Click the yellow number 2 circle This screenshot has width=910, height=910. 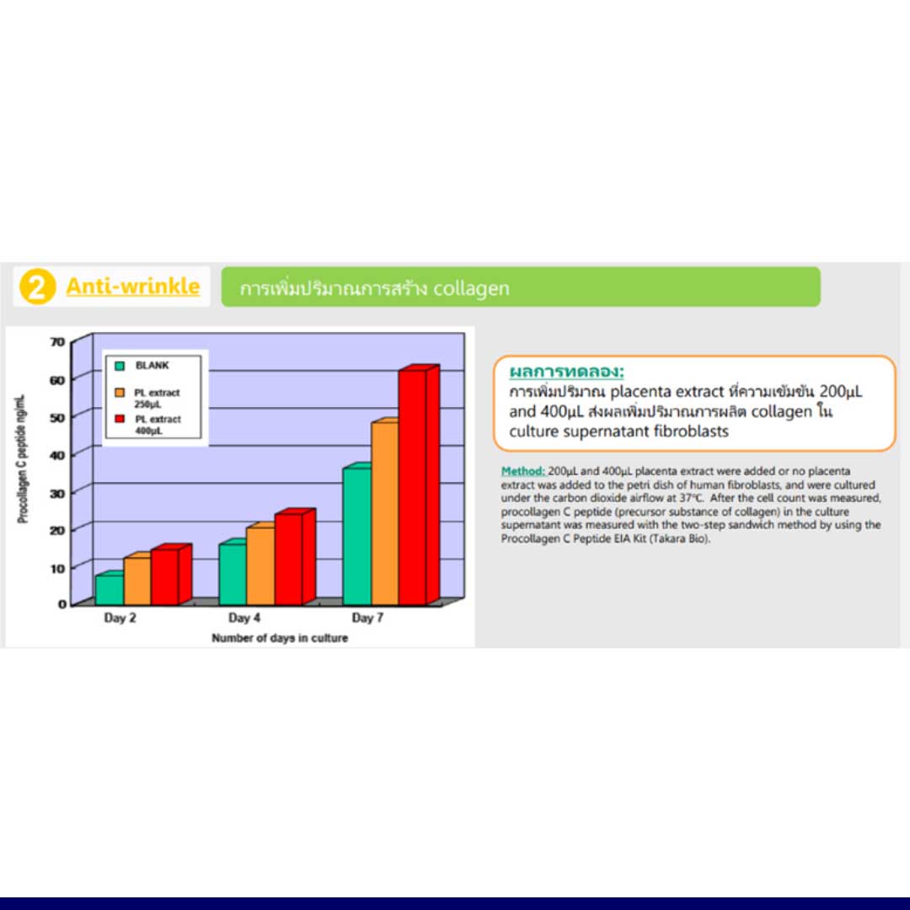pos(37,286)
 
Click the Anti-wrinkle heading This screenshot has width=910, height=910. pos(133,286)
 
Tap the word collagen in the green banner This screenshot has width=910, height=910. pos(471,288)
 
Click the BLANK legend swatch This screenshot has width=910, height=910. pos(120,366)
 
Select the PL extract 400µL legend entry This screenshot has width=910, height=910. pos(148,425)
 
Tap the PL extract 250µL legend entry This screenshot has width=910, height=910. pos(148,398)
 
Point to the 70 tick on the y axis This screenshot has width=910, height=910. pos(58,342)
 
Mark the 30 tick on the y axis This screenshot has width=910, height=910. pos(58,493)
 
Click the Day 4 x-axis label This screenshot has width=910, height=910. pos(244,618)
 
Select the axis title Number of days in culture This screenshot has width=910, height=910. pos(280,638)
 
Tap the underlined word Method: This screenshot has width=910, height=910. pos(523,471)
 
